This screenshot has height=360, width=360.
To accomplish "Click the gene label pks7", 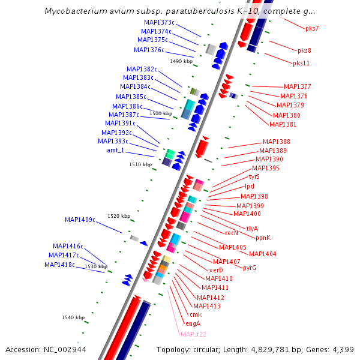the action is [x=312, y=28].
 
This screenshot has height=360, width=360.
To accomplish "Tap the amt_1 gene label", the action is [x=116, y=150].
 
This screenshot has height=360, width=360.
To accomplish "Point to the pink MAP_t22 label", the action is [x=193, y=334].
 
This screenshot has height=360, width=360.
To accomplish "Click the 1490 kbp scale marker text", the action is [x=181, y=61].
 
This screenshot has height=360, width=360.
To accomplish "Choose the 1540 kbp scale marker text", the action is [x=74, y=317].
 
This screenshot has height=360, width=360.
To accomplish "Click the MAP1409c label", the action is [x=80, y=220].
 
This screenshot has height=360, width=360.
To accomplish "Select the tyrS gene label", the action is [x=254, y=176].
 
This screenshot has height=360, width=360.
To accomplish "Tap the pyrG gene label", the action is [x=250, y=268].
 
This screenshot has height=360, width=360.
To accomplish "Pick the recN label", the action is [x=232, y=232].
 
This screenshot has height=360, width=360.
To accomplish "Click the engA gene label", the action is [x=193, y=323].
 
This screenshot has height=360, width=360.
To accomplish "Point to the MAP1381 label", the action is [x=283, y=124].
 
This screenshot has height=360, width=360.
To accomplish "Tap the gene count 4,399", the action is [x=343, y=349].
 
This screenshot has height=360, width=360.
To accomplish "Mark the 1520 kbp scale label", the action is [x=118, y=216].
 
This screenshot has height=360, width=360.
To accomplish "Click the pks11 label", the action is [x=301, y=63].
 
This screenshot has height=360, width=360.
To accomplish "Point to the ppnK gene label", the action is [x=263, y=237].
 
